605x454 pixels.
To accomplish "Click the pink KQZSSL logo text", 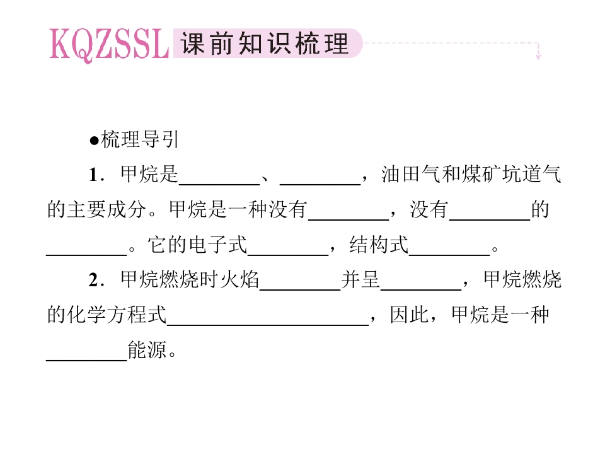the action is point(109,45).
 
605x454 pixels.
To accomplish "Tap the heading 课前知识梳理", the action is point(265,44).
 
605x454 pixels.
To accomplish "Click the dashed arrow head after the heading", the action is point(538,56).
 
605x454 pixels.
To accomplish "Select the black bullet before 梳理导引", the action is point(94,141).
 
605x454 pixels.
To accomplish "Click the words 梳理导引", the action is point(140,139).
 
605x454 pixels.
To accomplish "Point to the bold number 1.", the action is point(95,175).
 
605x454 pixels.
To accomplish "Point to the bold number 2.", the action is point(95,280).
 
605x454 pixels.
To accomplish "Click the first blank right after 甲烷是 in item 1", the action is point(219,185).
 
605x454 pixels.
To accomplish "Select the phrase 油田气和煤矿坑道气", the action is point(471,174).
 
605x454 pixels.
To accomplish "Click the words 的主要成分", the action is point(96,209).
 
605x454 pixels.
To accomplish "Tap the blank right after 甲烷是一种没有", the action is point(349,219).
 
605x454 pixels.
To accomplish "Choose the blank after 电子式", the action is point(288,255).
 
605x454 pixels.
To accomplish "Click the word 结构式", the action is point(379,245).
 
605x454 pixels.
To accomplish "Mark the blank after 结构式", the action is point(449,255).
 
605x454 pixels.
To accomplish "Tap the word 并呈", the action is point(360,279).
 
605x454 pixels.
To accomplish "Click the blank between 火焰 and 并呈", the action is point(300,289).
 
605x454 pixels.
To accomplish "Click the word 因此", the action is point(409,315).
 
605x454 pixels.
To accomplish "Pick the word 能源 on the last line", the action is point(147,350).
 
